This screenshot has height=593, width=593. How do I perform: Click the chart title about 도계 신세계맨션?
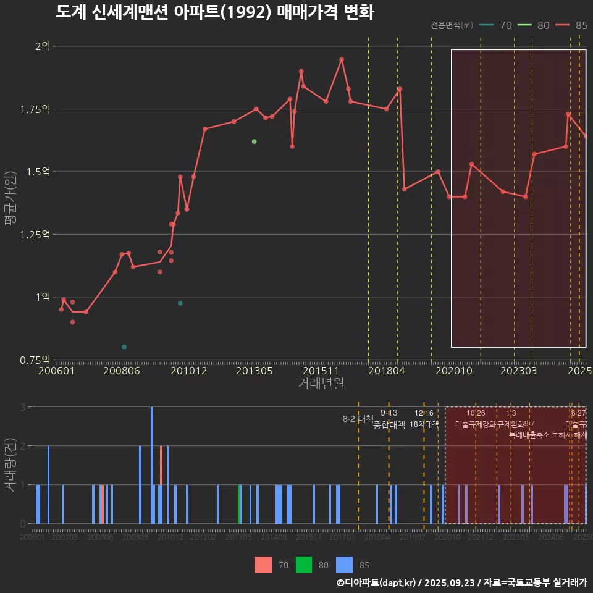pos(214,12)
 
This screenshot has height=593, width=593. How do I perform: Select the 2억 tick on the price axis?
pos(43,46)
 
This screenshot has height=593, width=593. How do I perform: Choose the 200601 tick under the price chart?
pos(56,371)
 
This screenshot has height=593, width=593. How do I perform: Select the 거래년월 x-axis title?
pos(321,384)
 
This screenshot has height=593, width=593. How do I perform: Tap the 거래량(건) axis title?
pos(11,465)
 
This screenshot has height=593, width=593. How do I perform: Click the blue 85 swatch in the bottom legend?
pos(345,565)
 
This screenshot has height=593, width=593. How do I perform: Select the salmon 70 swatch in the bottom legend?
pos(264,565)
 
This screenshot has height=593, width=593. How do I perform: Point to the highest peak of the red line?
pos(342,59)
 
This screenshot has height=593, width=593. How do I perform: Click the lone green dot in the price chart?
pos(254,141)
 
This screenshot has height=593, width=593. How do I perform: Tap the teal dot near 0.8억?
pos(124,347)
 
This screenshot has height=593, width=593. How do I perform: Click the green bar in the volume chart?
pos(239,504)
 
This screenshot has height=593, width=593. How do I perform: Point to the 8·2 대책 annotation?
pos(358,419)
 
